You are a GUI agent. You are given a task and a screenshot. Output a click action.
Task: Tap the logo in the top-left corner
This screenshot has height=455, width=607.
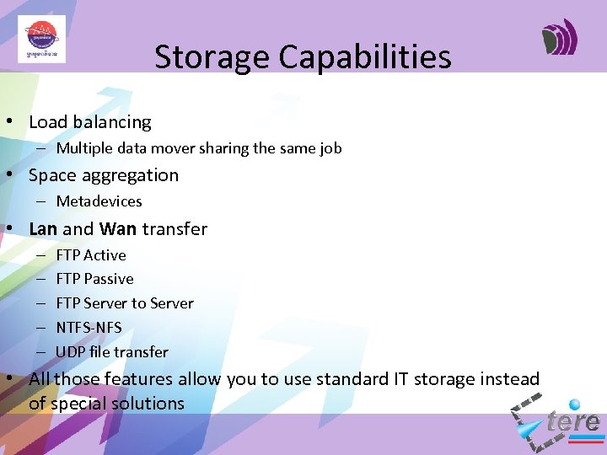41,39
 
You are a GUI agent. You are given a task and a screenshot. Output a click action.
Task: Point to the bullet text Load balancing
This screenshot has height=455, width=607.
89,122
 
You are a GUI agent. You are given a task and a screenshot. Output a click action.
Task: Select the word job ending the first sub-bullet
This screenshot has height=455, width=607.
330,148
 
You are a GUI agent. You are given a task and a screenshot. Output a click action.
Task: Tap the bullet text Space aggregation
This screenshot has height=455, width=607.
104,175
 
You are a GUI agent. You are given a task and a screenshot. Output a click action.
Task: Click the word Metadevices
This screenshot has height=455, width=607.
99,201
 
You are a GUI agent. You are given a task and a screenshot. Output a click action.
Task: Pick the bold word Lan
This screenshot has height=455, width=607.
43,229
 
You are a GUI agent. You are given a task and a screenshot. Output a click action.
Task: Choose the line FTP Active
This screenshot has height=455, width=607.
90,255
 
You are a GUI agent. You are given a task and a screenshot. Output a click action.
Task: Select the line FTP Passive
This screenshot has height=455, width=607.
94,279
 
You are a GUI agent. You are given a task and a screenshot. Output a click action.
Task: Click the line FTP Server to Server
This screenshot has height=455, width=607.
124,303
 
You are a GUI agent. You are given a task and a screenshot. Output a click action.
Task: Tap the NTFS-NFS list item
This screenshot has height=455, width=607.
89,328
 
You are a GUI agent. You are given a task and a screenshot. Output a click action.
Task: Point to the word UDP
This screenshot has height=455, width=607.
70,352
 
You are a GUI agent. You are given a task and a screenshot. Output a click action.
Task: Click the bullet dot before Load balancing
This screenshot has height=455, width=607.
8,122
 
